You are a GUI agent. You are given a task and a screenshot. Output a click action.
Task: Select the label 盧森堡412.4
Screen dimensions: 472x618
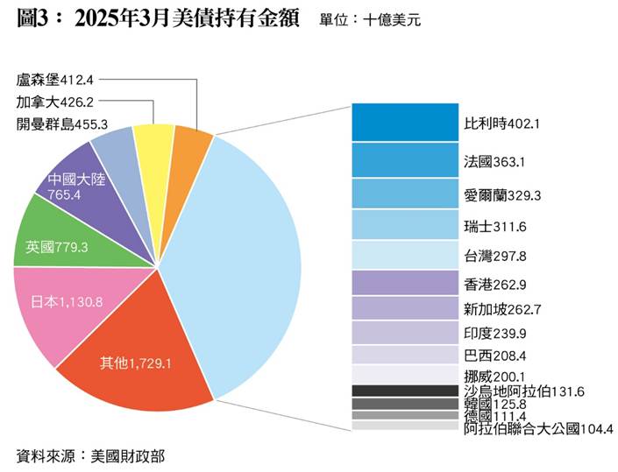(60, 80)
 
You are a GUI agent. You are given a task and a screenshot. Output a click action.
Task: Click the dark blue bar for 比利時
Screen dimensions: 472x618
(404, 122)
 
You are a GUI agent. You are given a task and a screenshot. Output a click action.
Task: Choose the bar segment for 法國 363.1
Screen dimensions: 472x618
(404, 160)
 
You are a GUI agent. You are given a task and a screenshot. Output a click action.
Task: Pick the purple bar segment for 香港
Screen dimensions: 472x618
(404, 283)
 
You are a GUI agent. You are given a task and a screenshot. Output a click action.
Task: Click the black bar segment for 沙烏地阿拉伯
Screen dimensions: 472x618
(404, 390)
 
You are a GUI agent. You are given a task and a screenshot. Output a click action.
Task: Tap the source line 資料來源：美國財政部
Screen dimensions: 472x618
(90, 456)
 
